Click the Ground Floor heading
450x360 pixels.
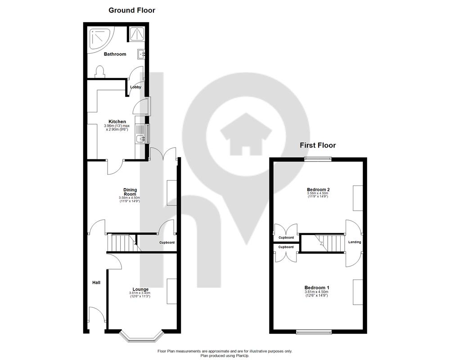coord(132,10)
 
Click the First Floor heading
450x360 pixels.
coord(318,145)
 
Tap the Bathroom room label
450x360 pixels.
coord(115,54)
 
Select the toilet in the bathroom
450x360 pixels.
coord(99,72)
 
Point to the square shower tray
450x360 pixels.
coord(137,34)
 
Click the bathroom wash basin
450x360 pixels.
coord(141,54)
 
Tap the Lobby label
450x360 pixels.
coord(135,87)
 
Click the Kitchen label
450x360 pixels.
coord(117,121)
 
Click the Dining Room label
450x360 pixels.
coord(130,192)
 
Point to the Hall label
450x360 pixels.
coord(96,283)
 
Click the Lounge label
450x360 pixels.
coord(140,289)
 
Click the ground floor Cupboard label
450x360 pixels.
coord(167,243)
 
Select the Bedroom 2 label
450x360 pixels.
coord(318,189)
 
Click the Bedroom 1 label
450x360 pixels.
coord(317,288)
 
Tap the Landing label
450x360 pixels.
coord(355,242)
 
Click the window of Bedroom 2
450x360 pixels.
coord(318,159)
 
